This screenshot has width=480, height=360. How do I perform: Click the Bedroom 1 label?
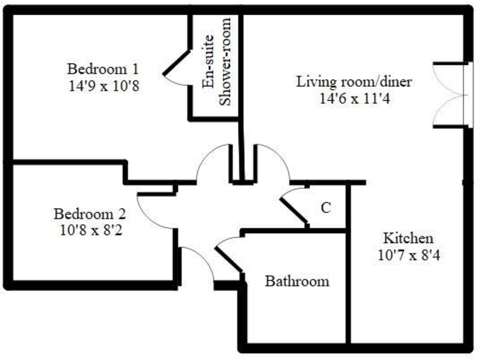coord(104,68)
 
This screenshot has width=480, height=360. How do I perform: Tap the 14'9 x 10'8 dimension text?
coord(104,85)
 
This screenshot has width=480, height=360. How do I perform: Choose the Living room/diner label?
coord(354,82)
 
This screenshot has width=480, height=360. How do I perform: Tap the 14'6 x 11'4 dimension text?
coord(354,99)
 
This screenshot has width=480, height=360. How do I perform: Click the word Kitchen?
coord(407,238)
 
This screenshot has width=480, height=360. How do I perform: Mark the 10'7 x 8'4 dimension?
coord(407,255)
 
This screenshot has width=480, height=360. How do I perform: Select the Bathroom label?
coord(297,281)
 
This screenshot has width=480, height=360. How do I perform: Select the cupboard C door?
coord(294,211)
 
